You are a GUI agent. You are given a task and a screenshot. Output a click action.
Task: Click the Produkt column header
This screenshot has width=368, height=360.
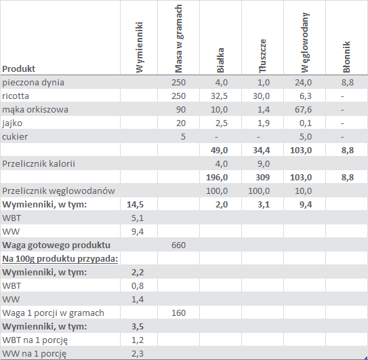pyautogui.click(x=18, y=68)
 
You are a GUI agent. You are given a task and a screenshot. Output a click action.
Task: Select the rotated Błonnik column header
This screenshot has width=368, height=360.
pyautogui.click(x=346, y=57)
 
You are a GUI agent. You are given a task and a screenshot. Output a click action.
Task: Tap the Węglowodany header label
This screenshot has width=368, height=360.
pyautogui.click(x=305, y=43)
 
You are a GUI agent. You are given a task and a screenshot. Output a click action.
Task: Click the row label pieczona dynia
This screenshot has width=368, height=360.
pyautogui.click(x=33, y=83)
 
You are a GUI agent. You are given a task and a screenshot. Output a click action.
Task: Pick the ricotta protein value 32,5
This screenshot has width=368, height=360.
pyautogui.click(x=219, y=96)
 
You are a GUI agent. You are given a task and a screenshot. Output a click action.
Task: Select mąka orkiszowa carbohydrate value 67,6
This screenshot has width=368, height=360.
pyautogui.click(x=303, y=110)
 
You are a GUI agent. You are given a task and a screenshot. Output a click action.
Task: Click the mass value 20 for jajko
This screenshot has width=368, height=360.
pyautogui.click(x=181, y=123)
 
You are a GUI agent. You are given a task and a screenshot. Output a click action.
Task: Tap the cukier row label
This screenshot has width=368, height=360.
pyautogui.click(x=15, y=137)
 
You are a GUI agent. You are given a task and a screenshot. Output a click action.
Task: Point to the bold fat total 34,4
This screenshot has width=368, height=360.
pyautogui.click(x=261, y=151)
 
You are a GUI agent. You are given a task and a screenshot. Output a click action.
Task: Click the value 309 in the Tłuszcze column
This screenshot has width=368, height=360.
pyautogui.click(x=263, y=178)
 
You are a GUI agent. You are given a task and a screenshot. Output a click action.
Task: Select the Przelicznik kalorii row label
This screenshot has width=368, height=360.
pyautogui.click(x=39, y=163)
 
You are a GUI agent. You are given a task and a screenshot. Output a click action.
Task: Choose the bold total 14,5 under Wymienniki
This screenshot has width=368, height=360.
pyautogui.click(x=135, y=205)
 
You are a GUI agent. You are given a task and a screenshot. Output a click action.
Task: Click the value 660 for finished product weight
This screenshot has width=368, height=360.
pyautogui.click(x=179, y=245)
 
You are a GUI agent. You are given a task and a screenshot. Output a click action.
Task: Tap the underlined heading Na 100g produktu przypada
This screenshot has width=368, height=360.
pyautogui.click(x=60, y=259)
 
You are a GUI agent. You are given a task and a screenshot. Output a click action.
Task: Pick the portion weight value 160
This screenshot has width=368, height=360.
pyautogui.click(x=179, y=313)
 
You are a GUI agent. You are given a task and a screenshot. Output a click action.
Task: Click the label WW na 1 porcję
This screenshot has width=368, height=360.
pyautogui.click(x=35, y=354)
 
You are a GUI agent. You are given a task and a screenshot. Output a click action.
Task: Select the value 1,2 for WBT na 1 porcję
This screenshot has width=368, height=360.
pyautogui.click(x=138, y=340)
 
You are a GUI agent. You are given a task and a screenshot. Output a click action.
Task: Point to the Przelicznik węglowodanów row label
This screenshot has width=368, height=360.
pyautogui.click(x=58, y=191)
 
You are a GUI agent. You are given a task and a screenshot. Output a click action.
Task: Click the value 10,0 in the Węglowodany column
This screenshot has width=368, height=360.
pyautogui.click(x=303, y=191)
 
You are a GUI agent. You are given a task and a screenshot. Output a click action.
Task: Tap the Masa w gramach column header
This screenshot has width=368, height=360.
pyautogui.click(x=179, y=39)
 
